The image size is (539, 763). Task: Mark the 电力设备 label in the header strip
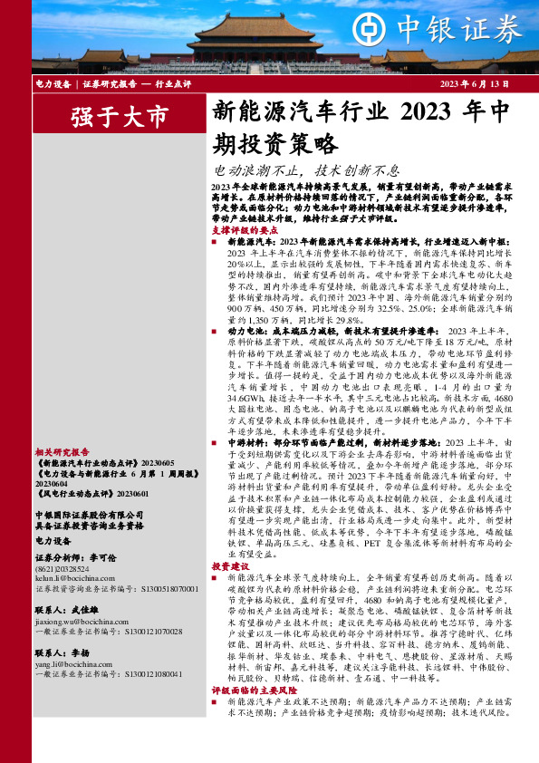tap(52, 84)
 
